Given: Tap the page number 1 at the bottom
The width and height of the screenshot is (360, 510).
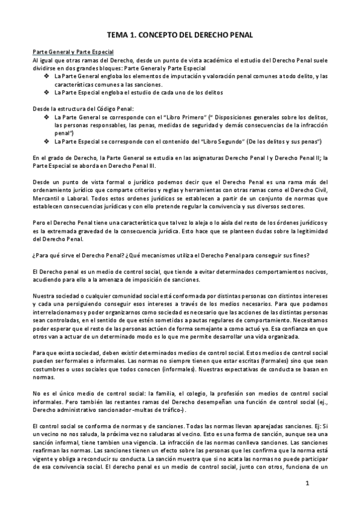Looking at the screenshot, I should (307, 483).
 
